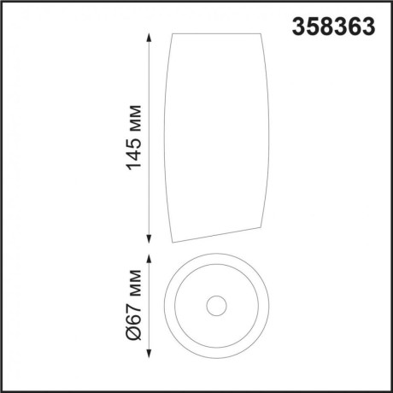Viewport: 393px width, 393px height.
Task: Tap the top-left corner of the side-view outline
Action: [173, 35]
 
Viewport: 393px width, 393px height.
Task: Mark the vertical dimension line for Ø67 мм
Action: [151, 306]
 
